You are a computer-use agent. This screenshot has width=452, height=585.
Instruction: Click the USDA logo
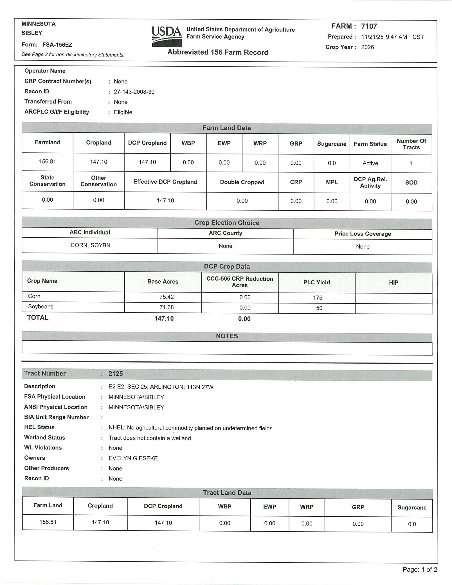point(167,36)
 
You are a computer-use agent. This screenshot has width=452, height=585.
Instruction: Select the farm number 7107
point(369,26)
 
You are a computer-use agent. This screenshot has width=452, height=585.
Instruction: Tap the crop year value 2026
point(367,47)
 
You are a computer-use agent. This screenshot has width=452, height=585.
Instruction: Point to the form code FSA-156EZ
point(57,45)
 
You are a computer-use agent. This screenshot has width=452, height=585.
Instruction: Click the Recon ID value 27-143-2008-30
point(134,92)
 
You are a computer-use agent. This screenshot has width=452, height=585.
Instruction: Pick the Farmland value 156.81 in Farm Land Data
point(47,161)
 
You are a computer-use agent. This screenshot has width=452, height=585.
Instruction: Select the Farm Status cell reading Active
point(370,163)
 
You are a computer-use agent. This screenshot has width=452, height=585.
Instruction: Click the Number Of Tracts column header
point(411,144)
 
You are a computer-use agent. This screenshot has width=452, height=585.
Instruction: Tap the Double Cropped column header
point(242,182)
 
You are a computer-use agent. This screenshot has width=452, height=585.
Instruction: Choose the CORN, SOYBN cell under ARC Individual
point(90,245)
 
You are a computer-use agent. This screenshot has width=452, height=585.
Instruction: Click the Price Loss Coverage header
point(363,234)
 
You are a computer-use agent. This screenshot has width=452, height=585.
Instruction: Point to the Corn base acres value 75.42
point(167,297)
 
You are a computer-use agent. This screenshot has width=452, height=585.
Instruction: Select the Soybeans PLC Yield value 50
point(319,308)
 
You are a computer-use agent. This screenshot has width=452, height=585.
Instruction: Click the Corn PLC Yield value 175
point(318,298)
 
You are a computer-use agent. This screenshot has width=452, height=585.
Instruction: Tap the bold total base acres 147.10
point(164,318)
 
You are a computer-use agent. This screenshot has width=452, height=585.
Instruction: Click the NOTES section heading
point(227,336)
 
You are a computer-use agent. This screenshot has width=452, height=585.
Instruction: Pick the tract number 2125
point(116,373)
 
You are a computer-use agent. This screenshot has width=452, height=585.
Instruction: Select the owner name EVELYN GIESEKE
point(133,458)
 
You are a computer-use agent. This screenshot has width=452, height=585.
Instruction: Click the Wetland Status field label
point(44,437)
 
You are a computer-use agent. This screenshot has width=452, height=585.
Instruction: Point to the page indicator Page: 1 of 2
point(420,570)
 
